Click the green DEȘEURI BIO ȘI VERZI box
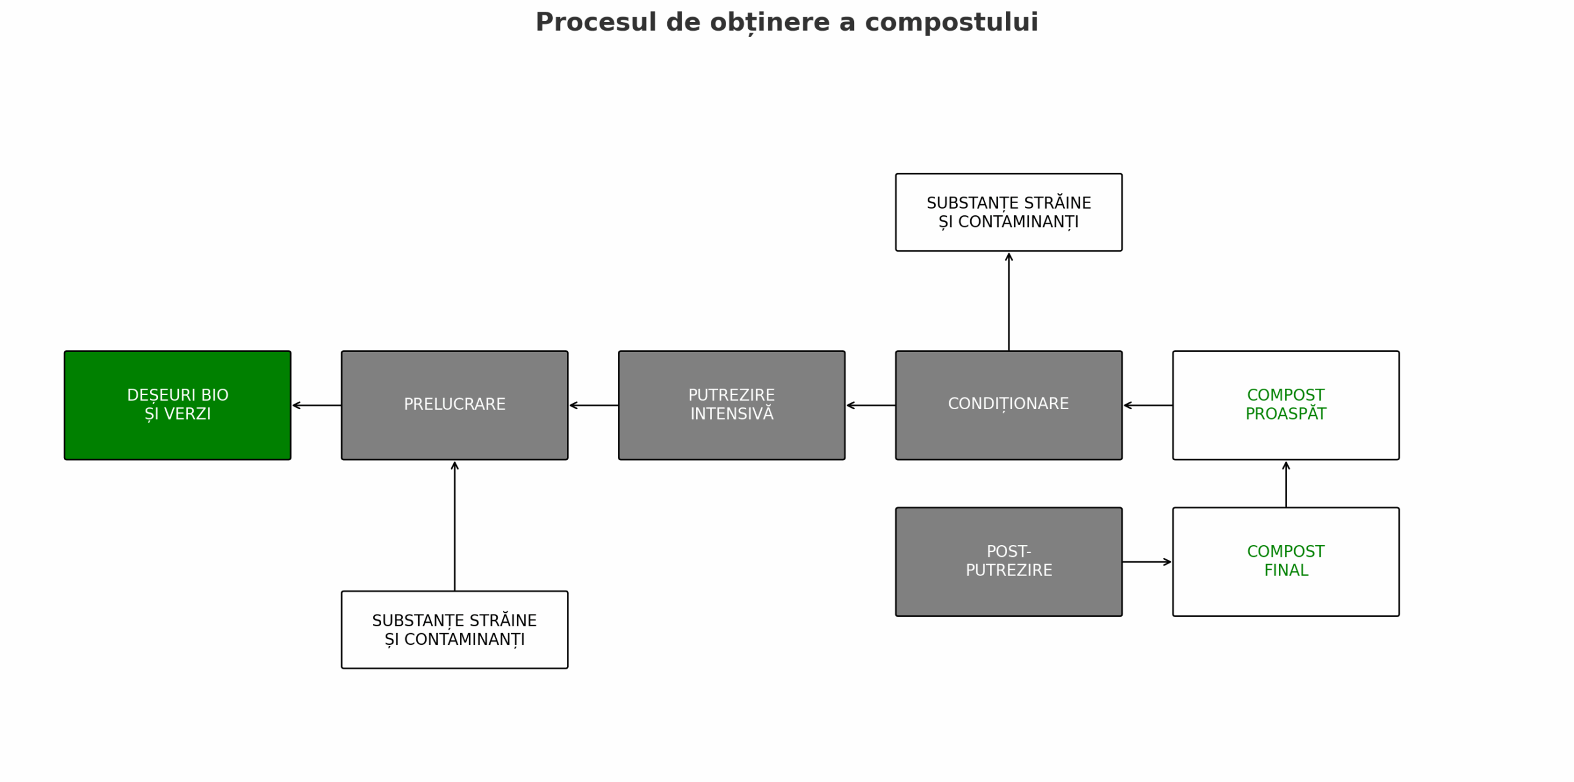(178, 405)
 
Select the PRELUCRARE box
(454, 405)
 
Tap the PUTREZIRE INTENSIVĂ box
(732, 405)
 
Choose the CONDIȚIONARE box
(1009, 405)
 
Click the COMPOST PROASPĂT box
(1286, 405)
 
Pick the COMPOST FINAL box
(1286, 562)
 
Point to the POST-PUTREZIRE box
(1009, 562)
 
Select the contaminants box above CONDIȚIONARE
(1009, 212)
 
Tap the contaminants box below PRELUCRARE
(454, 629)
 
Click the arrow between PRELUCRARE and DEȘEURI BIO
(317, 405)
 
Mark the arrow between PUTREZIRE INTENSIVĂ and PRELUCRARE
(593, 405)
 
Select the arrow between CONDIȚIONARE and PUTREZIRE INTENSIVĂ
(871, 405)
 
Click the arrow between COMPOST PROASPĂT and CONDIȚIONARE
(1148, 405)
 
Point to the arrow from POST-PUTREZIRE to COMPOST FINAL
(1147, 562)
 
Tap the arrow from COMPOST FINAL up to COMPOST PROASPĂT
(1286, 484)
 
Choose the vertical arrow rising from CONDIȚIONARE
(1009, 301)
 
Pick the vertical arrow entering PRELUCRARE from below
(454, 526)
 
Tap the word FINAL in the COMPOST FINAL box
(1286, 571)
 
